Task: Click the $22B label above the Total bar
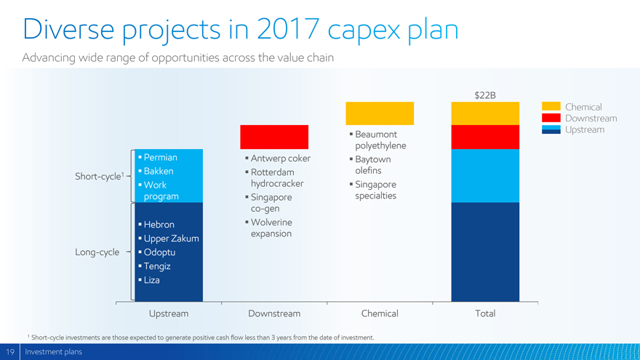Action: (485, 95)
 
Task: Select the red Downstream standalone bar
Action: (274, 137)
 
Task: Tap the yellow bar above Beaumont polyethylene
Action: (380, 113)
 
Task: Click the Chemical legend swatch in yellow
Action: (551, 106)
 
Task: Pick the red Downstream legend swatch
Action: (551, 118)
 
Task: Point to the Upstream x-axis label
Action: (169, 313)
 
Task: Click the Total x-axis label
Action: (485, 313)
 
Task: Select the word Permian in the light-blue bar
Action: (161, 158)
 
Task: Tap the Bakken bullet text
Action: (159, 172)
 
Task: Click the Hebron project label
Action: (159, 225)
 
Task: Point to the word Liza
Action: (151, 280)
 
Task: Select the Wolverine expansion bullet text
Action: (271, 228)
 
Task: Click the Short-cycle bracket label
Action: (99, 176)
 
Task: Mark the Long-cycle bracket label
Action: (97, 252)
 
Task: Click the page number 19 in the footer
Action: (9, 352)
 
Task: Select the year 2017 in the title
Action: (288, 29)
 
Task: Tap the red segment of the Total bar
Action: (485, 137)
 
